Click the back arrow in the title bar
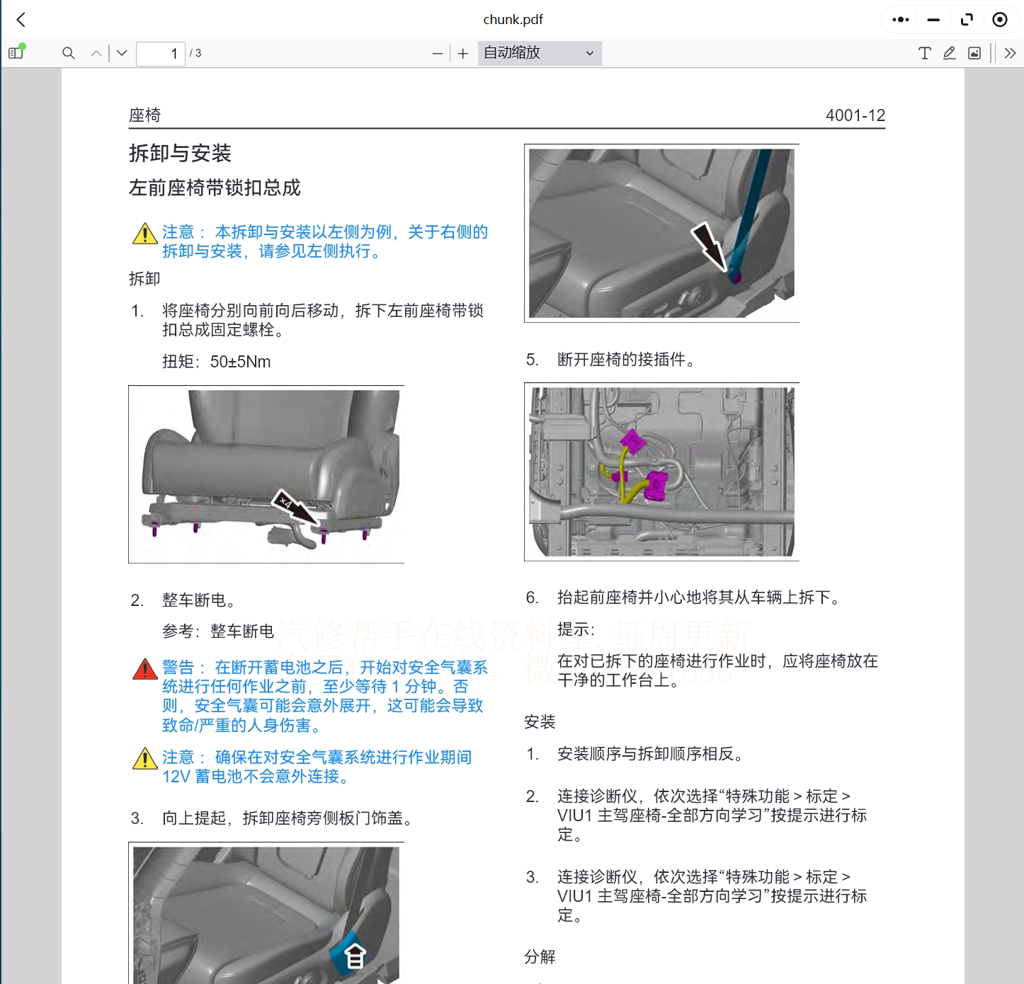[21, 20]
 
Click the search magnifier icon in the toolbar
[69, 53]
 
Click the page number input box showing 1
[161, 53]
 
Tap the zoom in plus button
[463, 54]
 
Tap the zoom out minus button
[438, 54]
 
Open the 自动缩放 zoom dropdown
[539, 53]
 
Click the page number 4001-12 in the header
[855, 115]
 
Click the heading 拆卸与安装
[180, 153]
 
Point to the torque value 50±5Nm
[240, 362]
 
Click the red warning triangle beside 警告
[145, 669]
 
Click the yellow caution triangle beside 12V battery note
[145, 759]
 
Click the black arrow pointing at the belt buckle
[708, 245]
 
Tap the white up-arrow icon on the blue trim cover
[355, 956]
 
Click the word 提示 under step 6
[574, 629]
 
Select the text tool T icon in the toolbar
[924, 53]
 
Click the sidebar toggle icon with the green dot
[16, 52]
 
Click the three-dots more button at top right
[901, 20]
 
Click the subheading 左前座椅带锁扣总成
[215, 188]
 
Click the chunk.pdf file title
[513, 20]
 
